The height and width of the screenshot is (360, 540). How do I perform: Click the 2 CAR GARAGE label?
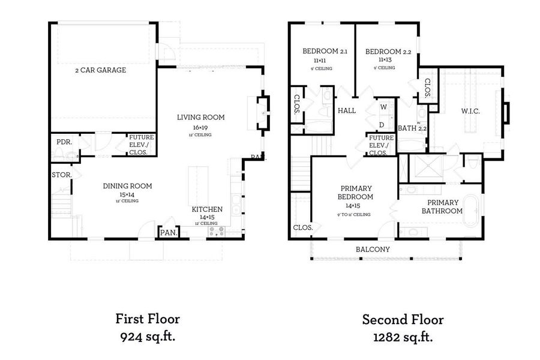(100, 70)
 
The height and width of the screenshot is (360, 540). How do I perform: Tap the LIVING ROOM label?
(200, 118)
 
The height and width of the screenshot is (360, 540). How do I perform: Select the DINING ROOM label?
(127, 186)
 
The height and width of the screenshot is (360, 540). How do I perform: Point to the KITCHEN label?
(207, 209)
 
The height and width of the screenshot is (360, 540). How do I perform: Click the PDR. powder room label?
(64, 142)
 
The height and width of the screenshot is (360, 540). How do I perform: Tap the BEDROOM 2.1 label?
(325, 52)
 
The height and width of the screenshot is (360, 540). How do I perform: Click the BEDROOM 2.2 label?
(388, 52)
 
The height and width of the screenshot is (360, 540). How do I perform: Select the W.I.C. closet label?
(470, 111)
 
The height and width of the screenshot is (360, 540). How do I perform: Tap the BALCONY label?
(373, 249)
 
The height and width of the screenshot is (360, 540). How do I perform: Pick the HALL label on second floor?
(347, 110)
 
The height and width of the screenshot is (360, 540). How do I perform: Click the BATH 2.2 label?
(412, 128)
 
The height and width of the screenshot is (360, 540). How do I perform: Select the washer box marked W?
(382, 107)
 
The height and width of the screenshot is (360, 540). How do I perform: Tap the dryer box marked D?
(382, 125)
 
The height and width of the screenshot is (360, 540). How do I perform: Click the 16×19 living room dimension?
(200, 128)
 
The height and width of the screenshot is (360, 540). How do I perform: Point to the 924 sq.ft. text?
(147, 337)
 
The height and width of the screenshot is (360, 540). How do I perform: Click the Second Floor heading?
(403, 319)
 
